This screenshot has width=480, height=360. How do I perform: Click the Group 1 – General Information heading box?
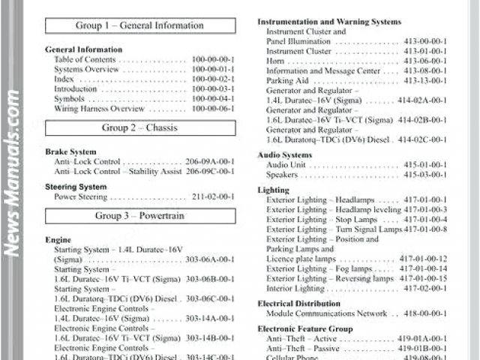[140, 26]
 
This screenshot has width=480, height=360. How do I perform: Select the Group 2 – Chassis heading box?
[140, 128]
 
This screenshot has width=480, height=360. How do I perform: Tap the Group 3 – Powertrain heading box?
[140, 216]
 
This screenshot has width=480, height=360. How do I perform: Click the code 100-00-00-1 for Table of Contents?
[213, 59]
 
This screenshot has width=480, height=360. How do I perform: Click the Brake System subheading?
[71, 151]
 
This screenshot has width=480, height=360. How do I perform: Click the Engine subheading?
[58, 240]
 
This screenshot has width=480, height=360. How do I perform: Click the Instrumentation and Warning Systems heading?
[329, 22]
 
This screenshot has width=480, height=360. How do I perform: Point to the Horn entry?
[276, 61]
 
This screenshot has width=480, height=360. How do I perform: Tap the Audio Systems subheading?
[285, 154]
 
